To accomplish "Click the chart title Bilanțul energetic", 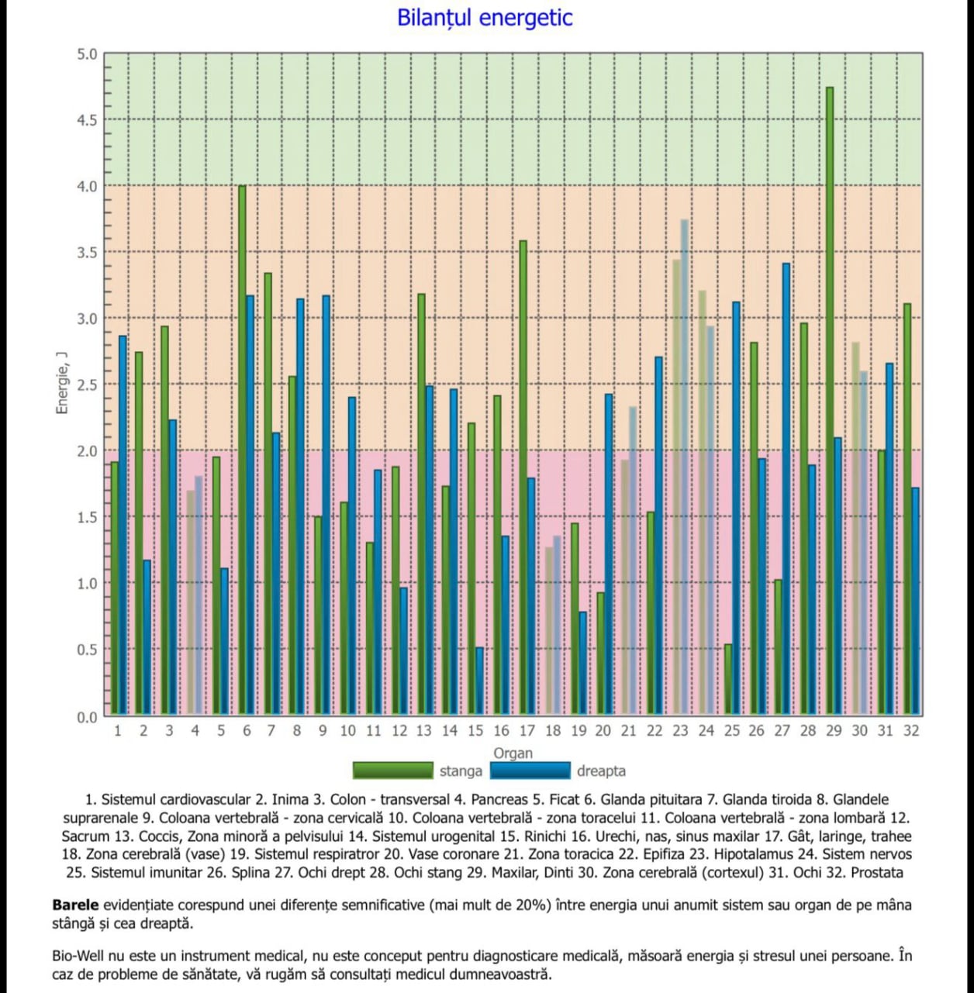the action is click(485, 18).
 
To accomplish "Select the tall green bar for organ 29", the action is click(830, 401).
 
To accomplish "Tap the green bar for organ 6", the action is click(243, 450).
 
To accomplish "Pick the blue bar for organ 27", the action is click(786, 489).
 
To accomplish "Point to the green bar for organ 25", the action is click(728, 680).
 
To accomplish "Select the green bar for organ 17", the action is click(523, 478).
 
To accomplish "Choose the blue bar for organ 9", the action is click(326, 505).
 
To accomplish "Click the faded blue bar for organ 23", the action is click(685, 467).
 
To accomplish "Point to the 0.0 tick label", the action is click(87, 717).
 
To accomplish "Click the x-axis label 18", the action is click(552, 731).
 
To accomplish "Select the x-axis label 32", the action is click(911, 731).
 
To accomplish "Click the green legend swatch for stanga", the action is click(393, 771).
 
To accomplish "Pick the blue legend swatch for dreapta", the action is click(530, 771).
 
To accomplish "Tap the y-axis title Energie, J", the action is click(62, 383).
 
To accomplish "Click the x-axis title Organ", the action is click(513, 753).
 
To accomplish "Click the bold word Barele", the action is click(75, 905).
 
